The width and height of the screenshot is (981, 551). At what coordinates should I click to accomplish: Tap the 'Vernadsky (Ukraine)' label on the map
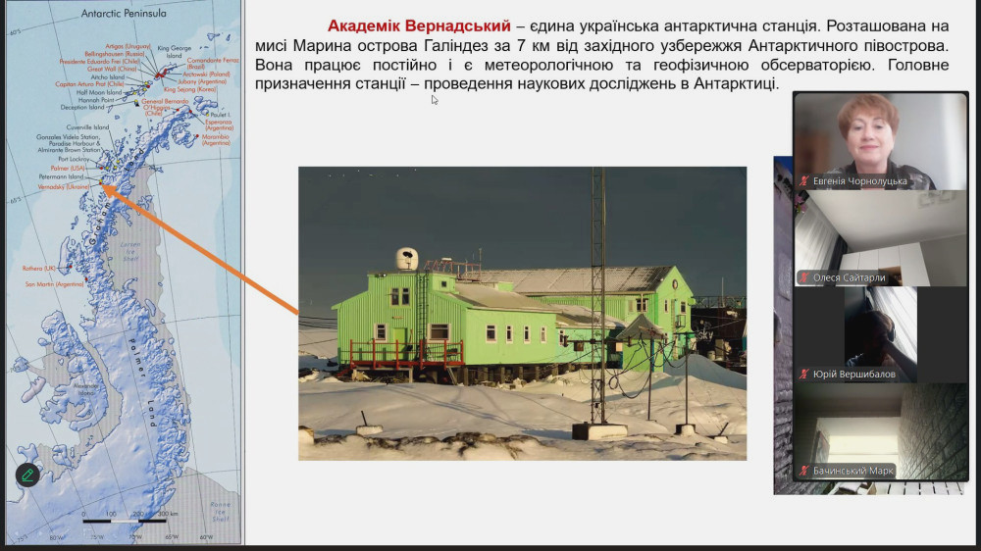64,186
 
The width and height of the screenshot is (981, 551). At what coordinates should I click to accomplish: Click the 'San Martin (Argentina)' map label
55,284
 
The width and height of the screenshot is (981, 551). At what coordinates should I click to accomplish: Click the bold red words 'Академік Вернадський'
419,25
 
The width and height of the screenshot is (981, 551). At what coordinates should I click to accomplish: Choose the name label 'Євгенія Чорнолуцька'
860,181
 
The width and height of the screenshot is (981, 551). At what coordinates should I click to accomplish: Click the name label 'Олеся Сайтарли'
849,277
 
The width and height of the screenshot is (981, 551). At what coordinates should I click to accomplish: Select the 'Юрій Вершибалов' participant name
853,374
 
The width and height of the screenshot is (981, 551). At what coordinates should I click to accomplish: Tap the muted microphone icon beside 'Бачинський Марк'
804,471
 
